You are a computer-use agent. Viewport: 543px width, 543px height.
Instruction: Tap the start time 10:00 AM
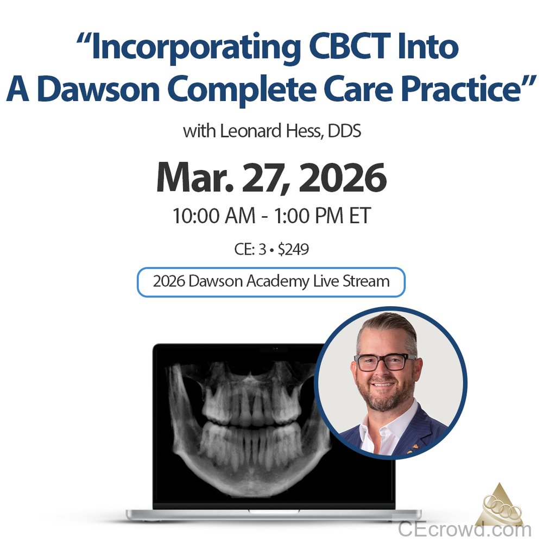(213, 217)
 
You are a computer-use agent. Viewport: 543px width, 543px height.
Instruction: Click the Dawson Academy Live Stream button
(271, 282)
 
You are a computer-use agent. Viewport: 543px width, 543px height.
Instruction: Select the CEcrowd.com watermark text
(464, 528)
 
